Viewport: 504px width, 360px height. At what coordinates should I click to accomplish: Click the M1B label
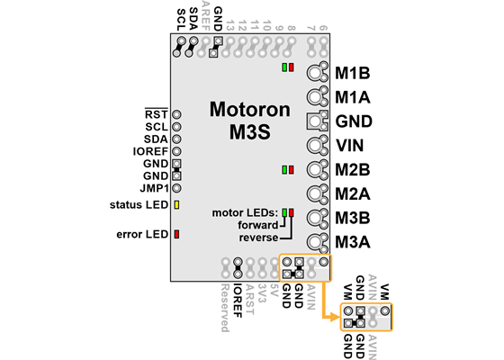click(x=353, y=72)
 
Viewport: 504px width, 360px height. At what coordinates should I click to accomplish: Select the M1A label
click(x=353, y=95)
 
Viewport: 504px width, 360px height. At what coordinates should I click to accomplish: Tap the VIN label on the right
click(x=350, y=144)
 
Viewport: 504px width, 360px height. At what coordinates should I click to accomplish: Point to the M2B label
click(x=353, y=168)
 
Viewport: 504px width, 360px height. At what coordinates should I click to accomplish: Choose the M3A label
click(x=353, y=241)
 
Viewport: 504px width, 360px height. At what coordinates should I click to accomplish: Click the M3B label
click(x=353, y=217)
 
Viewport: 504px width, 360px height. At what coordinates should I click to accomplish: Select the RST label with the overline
click(x=156, y=115)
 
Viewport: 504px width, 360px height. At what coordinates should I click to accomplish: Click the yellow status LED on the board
click(x=176, y=206)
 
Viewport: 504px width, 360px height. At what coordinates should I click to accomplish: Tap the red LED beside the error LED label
click(x=176, y=235)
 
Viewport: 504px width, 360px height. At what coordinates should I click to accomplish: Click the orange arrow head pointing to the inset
click(x=332, y=315)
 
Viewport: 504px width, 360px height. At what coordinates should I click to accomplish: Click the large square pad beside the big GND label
click(x=316, y=121)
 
